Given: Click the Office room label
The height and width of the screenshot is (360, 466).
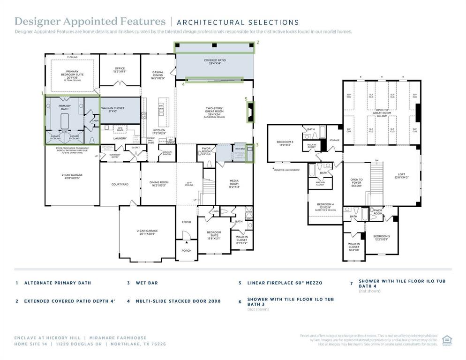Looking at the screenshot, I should (x=120, y=70).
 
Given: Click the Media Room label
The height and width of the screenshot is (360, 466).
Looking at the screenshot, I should (x=234, y=182).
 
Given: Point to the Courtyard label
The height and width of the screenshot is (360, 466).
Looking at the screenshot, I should (x=120, y=184).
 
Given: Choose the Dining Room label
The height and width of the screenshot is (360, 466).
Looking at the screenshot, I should (x=158, y=184).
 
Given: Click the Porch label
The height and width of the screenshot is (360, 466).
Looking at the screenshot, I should (x=186, y=250).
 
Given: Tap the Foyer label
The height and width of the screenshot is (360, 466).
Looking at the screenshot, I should (x=186, y=222).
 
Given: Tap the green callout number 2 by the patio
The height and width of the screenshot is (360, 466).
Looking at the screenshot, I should (x=257, y=43).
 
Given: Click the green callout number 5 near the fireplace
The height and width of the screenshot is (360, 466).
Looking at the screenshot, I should (x=246, y=99).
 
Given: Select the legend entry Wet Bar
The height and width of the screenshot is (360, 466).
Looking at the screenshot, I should (x=147, y=283).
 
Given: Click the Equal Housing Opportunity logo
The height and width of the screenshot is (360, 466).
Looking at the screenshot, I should (x=447, y=340).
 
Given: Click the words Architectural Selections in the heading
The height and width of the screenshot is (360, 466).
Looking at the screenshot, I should (x=238, y=22).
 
